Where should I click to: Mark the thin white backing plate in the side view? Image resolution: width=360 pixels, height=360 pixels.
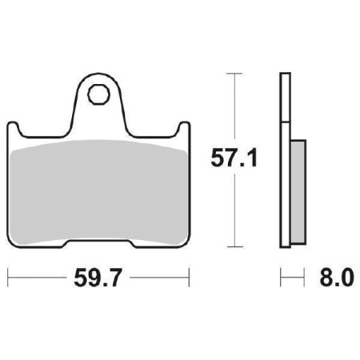click(282, 160)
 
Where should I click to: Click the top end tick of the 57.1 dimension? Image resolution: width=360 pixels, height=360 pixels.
click(233, 73)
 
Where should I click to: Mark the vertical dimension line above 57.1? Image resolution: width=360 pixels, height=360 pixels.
click(233, 108)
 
